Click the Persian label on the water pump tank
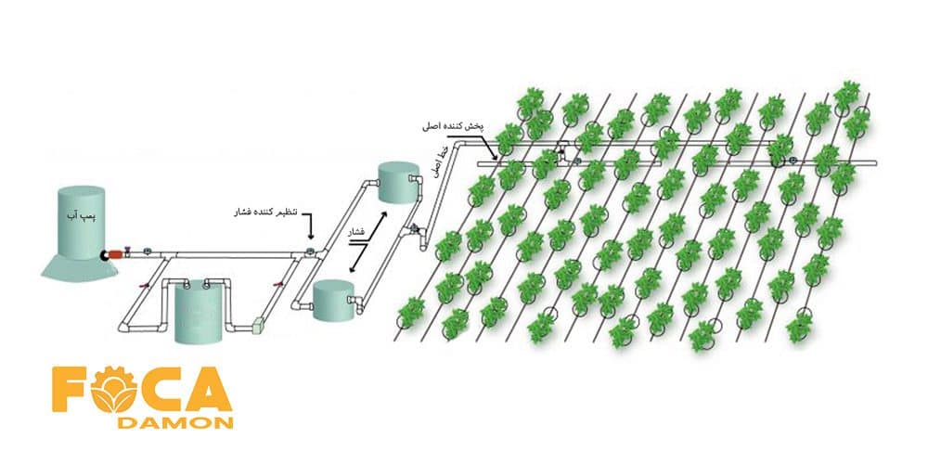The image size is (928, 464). (87, 214)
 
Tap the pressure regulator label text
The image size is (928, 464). (264, 213)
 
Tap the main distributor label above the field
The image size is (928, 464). (462, 123)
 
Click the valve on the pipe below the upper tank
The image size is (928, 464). (413, 229)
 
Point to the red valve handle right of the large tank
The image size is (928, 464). (276, 286)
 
